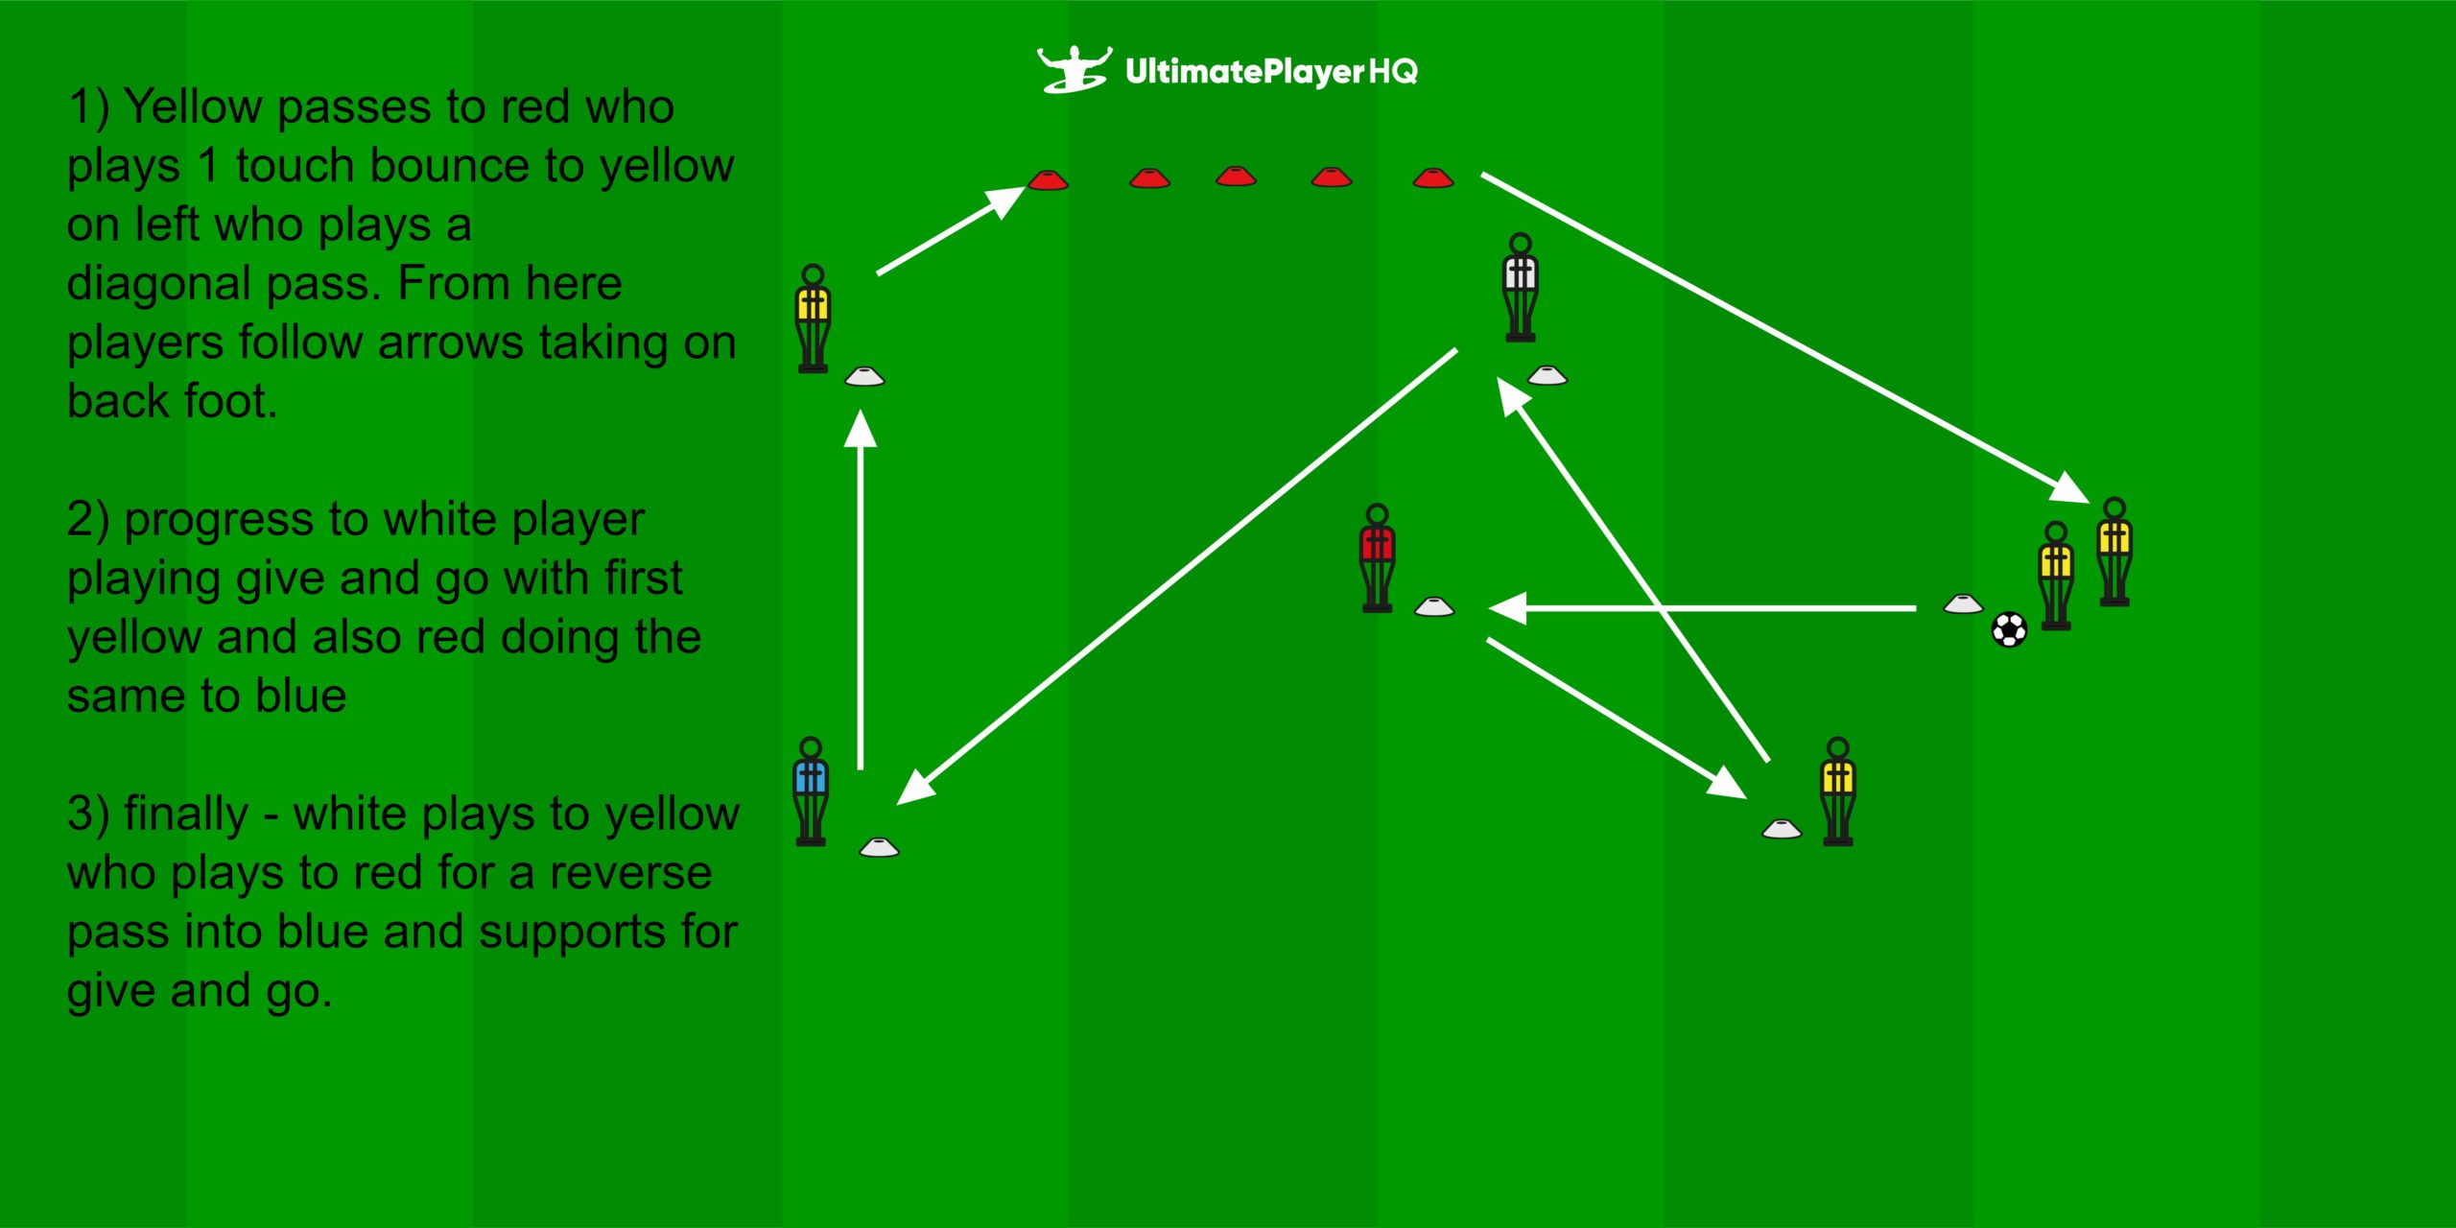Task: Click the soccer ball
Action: point(2009,630)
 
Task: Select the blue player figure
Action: point(811,791)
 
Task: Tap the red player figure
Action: point(1377,558)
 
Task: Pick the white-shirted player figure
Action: point(1521,288)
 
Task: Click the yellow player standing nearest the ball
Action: point(2055,576)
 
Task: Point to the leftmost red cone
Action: point(1048,179)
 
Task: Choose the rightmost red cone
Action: point(1433,177)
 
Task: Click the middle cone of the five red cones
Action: point(1236,177)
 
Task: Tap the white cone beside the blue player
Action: point(879,846)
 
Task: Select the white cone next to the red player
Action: point(1434,606)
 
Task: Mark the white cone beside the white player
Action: point(1547,375)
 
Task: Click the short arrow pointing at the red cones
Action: point(950,231)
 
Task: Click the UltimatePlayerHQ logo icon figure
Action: point(1074,69)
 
